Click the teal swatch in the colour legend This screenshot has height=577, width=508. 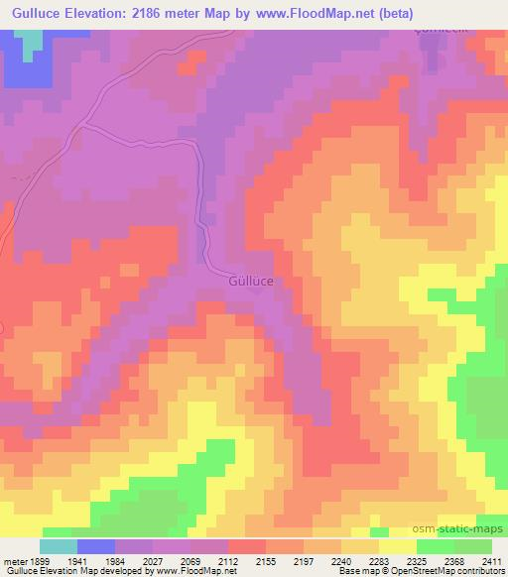click(58, 546)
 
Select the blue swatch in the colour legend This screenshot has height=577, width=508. click(95, 546)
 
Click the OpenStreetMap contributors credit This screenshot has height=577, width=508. click(452, 572)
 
